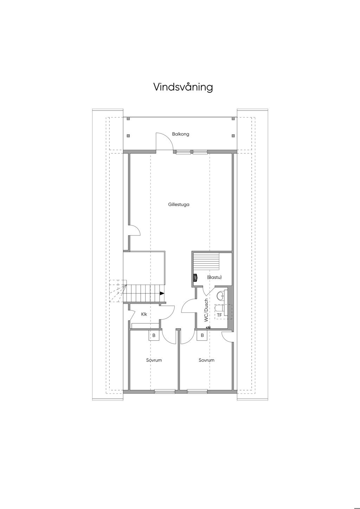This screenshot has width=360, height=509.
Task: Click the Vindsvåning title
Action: (183, 87)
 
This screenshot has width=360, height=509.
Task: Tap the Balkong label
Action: (180, 134)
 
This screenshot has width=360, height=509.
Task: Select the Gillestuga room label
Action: (179, 205)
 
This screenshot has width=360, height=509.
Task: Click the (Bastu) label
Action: (214, 277)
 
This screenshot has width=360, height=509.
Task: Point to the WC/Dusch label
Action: (206, 310)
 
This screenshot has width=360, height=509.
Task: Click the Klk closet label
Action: (144, 314)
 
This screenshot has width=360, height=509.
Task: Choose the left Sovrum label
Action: (154, 360)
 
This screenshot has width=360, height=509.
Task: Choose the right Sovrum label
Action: (206, 360)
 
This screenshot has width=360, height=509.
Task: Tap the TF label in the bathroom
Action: (219, 315)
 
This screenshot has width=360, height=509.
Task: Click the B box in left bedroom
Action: (154, 335)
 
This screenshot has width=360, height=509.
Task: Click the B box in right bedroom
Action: (202, 335)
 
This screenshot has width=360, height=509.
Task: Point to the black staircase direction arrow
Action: (162, 294)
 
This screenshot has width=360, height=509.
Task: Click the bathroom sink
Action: (220, 296)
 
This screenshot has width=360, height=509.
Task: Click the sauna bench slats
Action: (206, 261)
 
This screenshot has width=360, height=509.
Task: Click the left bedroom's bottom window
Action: (165, 391)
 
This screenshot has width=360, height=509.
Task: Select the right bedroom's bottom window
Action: (197, 391)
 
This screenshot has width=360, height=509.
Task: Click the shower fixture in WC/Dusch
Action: (208, 327)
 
